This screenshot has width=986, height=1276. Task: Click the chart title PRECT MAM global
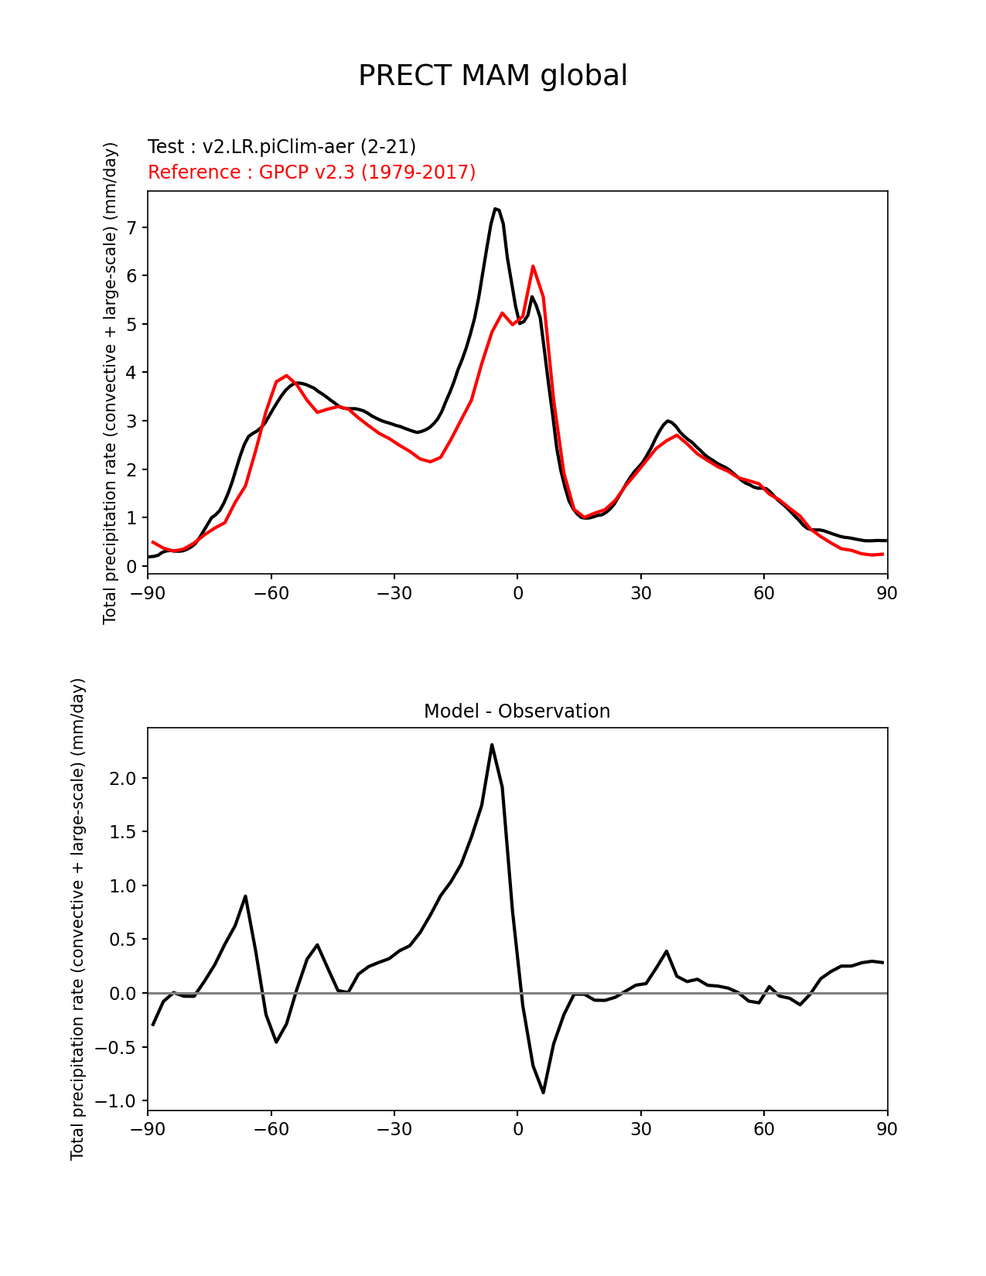point(493,76)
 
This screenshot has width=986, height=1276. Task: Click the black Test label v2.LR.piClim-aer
point(281,146)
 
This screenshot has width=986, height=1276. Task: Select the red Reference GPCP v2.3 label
point(312,172)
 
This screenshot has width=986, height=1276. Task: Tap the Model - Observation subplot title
point(517,711)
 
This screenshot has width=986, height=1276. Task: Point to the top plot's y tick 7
point(132,227)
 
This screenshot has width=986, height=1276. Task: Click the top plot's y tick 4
point(132,373)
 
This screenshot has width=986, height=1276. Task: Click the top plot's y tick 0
point(132,566)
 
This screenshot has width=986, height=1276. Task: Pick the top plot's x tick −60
point(271,593)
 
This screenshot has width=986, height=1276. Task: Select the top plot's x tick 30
point(640,593)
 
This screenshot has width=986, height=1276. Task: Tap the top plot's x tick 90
point(887,593)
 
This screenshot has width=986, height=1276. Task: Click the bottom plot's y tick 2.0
point(124,778)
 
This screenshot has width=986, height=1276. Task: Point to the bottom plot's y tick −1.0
point(119,1100)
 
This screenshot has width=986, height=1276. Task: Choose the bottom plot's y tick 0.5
point(124,940)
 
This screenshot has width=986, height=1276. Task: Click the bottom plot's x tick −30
point(394,1130)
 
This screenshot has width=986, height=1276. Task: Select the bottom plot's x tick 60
point(764,1130)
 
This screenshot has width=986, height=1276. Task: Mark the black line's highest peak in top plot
point(495,209)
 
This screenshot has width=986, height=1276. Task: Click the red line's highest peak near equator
point(533,266)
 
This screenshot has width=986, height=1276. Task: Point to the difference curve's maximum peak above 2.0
point(492,745)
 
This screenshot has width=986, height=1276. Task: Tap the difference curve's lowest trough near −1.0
point(544,1092)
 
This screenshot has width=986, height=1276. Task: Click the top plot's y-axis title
point(110,382)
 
